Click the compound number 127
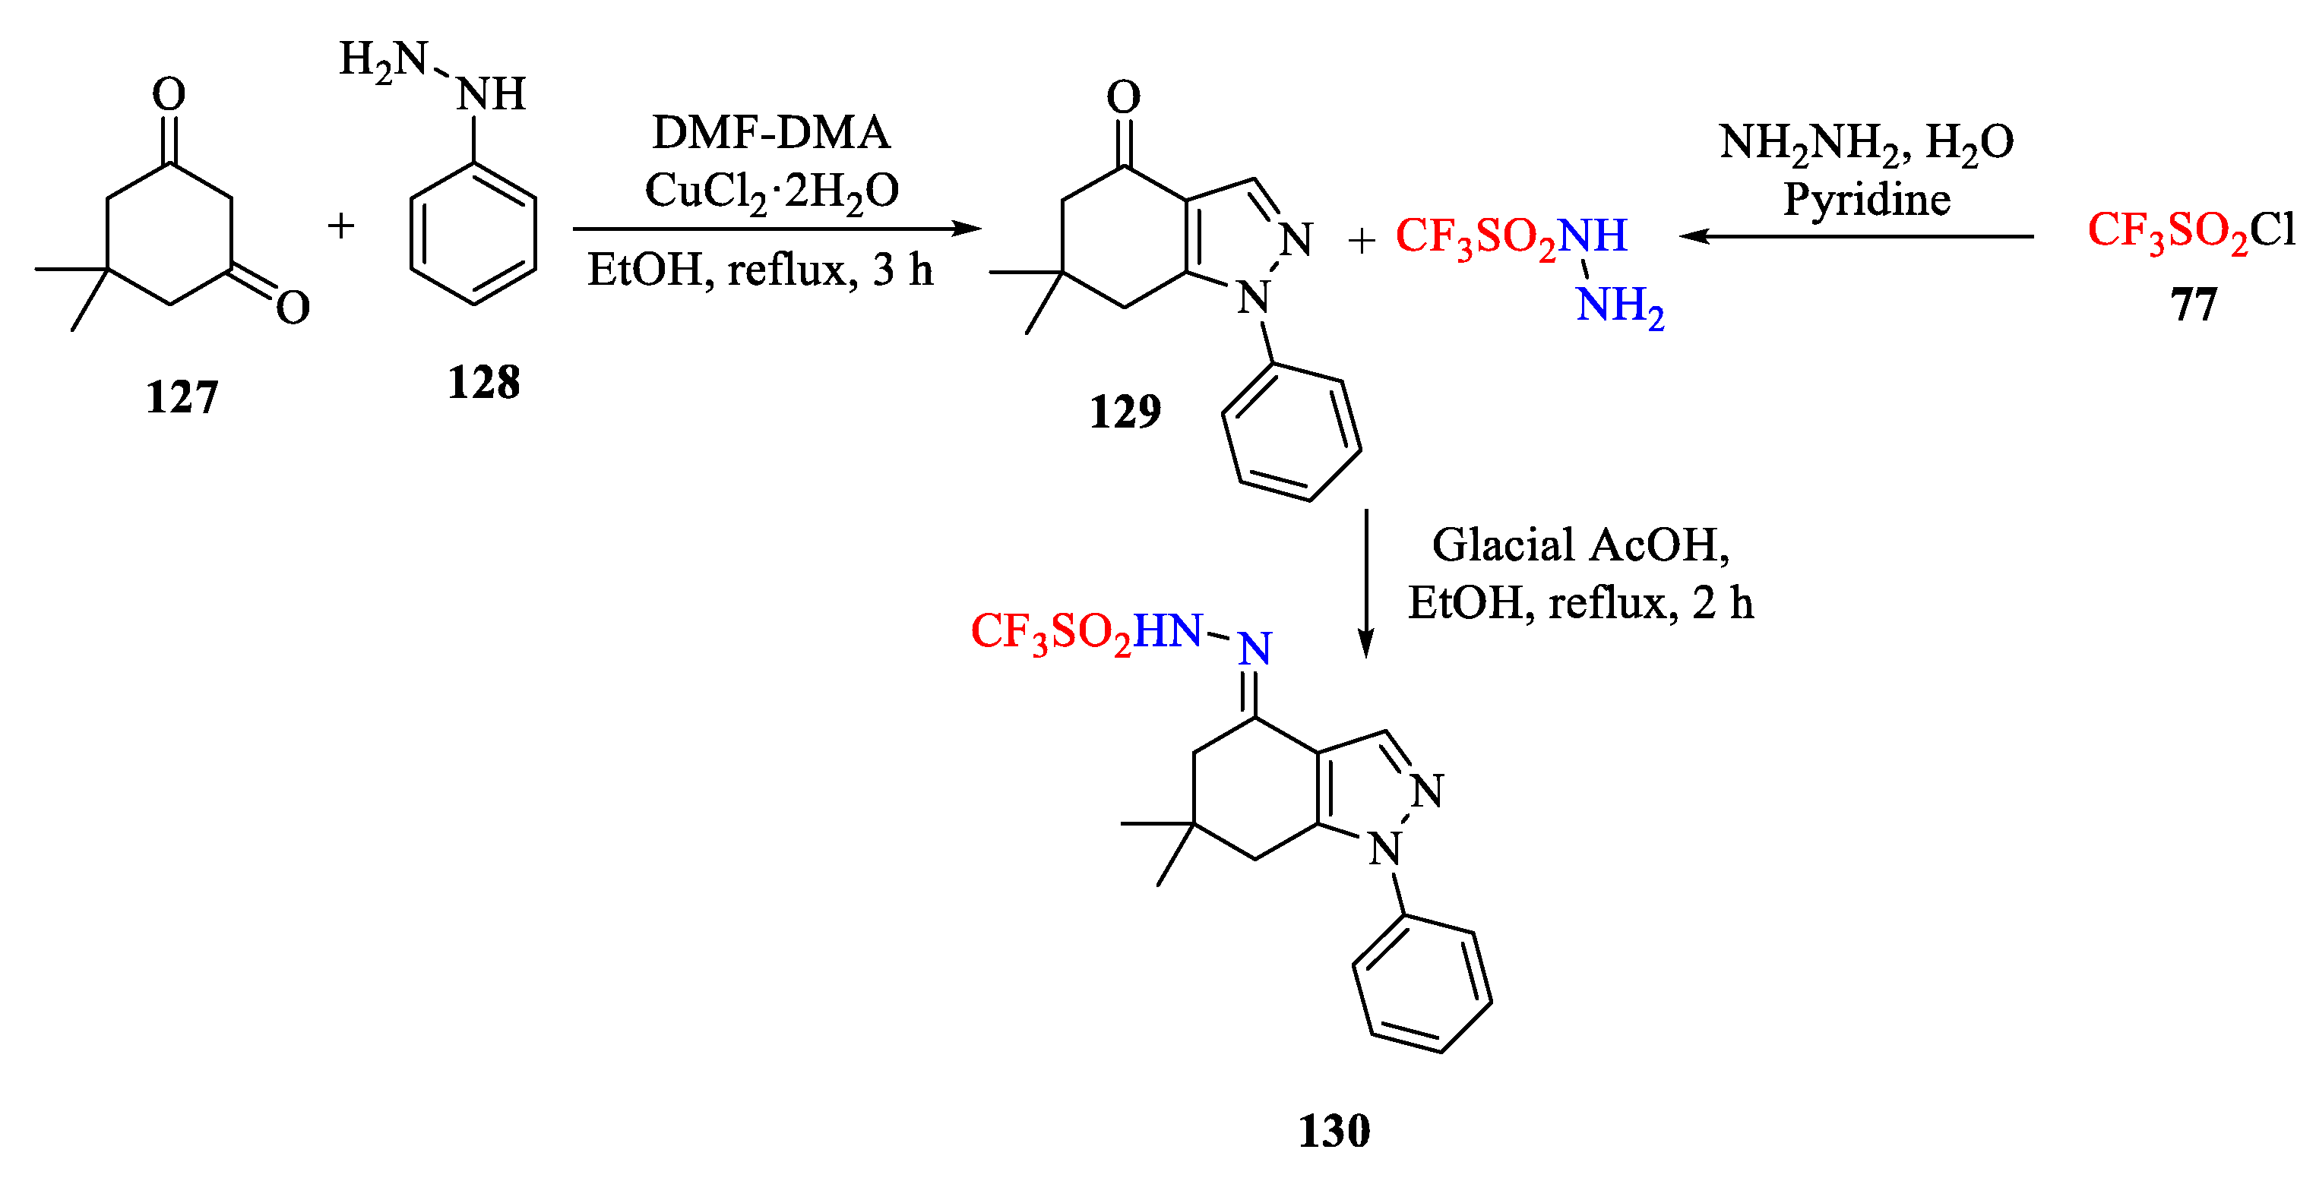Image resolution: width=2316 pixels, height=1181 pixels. (182, 397)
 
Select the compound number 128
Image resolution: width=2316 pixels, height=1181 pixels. (484, 383)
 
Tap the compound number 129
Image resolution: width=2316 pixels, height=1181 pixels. (1125, 412)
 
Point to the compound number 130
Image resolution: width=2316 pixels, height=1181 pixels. (1334, 1131)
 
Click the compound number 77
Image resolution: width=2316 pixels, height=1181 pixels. (2194, 305)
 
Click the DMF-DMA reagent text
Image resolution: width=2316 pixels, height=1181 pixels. (770, 133)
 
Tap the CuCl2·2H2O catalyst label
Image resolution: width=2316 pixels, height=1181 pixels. (771, 191)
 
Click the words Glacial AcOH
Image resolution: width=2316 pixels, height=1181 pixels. (1580, 545)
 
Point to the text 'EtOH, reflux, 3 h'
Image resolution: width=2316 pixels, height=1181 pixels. (760, 270)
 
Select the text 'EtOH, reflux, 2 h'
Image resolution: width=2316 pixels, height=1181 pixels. (1580, 602)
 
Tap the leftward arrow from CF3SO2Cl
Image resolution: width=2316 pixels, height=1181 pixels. (1856, 236)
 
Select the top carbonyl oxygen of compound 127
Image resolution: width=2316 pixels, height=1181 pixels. (169, 93)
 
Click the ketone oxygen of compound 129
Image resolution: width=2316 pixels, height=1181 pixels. (1124, 96)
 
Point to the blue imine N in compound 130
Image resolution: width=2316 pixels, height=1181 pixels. (1255, 648)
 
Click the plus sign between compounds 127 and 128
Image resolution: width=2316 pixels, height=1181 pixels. (340, 226)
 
